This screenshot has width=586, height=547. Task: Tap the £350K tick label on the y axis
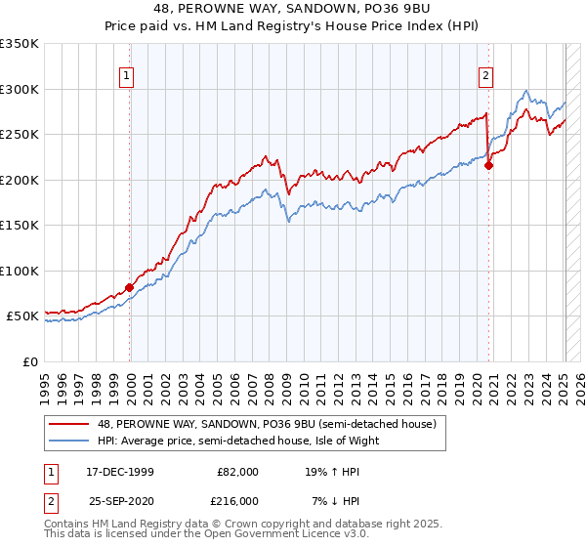(20, 44)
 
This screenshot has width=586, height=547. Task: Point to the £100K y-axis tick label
(20, 271)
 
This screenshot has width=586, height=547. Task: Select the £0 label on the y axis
(30, 361)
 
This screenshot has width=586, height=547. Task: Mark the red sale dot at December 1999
(129, 287)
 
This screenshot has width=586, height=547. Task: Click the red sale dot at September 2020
(489, 166)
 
